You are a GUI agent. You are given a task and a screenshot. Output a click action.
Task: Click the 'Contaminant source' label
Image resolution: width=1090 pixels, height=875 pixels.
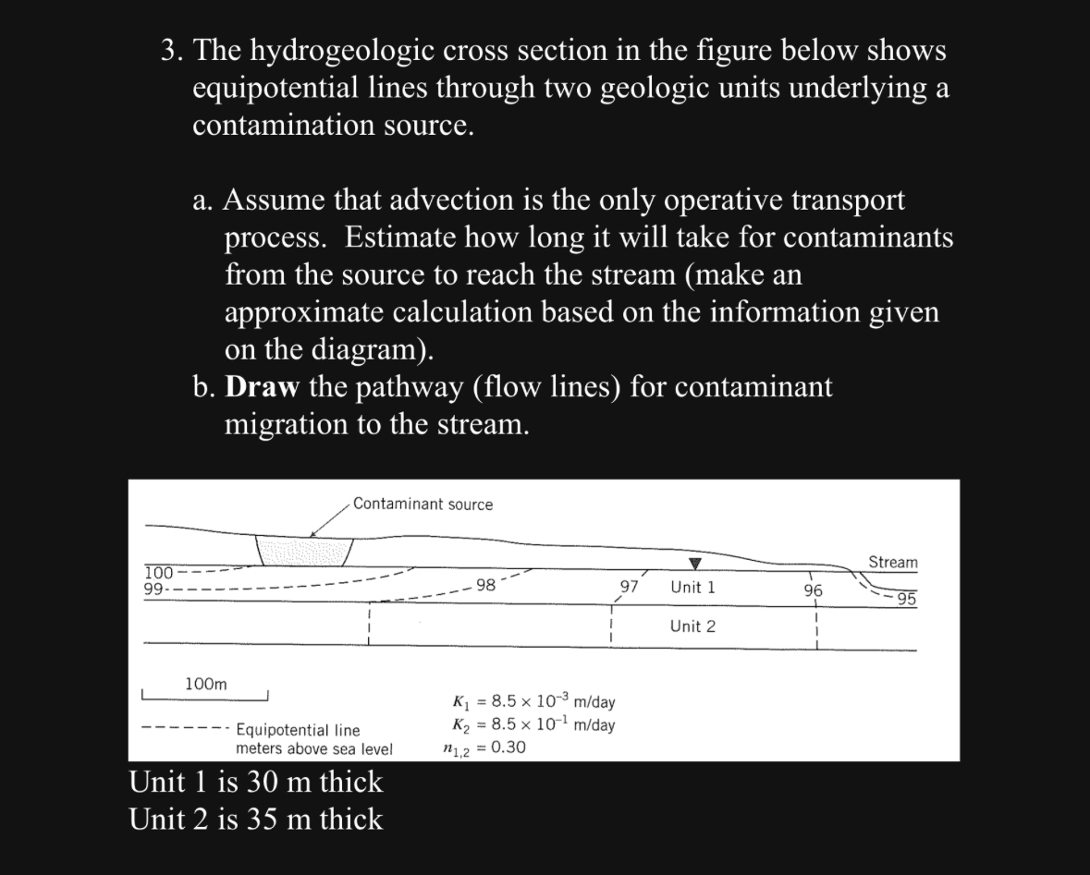click(x=423, y=504)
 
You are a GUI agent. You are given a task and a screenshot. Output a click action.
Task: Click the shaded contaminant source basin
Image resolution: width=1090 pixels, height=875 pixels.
click(x=304, y=551)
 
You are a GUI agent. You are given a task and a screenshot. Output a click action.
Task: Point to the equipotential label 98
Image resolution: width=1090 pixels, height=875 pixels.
click(x=485, y=585)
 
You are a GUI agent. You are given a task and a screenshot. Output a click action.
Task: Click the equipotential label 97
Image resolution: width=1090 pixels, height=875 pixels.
click(x=630, y=587)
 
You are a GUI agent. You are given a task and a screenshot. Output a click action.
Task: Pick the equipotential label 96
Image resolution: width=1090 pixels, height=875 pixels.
click(x=814, y=589)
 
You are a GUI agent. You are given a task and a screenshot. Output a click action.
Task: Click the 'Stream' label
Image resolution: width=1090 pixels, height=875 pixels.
click(x=892, y=562)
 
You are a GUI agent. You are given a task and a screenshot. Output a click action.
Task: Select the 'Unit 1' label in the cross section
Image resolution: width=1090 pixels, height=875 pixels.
click(x=692, y=587)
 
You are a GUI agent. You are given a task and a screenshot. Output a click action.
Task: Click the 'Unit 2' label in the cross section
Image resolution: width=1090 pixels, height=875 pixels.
click(x=692, y=626)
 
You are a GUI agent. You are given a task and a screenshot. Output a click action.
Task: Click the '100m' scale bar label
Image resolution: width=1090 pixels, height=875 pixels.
click(x=205, y=684)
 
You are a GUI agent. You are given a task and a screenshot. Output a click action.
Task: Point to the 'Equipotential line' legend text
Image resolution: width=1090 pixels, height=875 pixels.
click(x=298, y=731)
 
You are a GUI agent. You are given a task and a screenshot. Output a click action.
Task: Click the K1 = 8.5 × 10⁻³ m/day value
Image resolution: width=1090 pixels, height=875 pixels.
click(x=534, y=701)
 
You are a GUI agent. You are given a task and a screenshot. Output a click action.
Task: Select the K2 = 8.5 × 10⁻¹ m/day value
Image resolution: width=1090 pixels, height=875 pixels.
click(x=534, y=724)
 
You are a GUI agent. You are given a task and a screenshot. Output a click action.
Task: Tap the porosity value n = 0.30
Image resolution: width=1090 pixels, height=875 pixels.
click(x=484, y=747)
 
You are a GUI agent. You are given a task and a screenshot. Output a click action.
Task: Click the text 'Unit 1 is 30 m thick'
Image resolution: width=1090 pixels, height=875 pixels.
click(x=256, y=782)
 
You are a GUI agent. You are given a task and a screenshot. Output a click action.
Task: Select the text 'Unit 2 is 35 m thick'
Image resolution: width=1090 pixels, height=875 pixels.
click(x=256, y=819)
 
